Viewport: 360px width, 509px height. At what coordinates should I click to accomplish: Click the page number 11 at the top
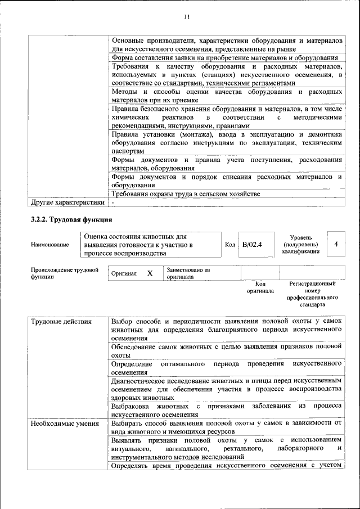186,17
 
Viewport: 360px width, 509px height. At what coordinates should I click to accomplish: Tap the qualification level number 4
336,244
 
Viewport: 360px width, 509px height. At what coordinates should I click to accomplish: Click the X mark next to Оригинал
150,273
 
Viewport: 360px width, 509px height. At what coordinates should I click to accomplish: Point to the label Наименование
50,245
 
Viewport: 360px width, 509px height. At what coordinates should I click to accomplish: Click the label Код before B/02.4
229,245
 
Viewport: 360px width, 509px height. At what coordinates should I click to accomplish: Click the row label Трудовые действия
57,321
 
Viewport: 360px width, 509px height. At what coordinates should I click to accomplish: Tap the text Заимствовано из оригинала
188,273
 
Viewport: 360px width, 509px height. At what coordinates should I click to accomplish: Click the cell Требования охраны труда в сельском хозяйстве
186,194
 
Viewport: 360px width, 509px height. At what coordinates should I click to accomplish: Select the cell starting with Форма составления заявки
224,57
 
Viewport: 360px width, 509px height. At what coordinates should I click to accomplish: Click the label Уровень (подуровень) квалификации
301,245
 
